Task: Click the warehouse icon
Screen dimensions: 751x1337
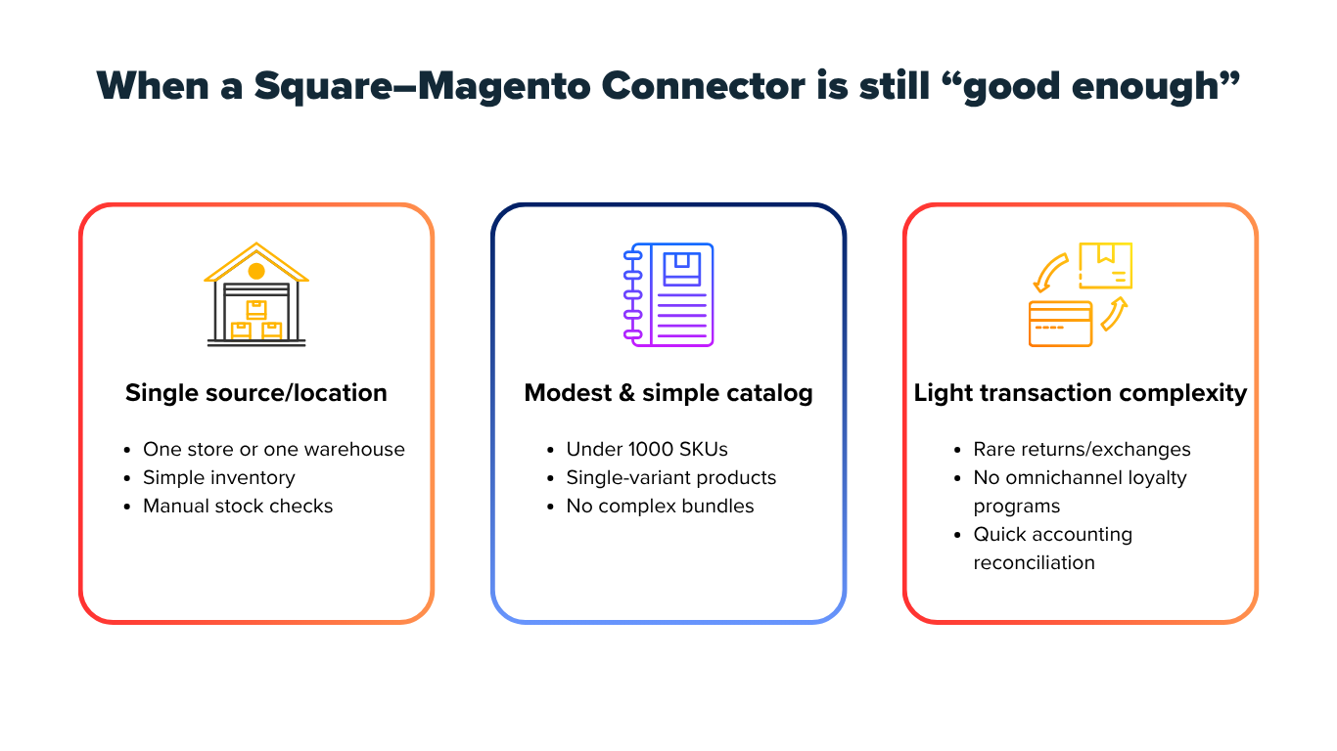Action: coord(256,294)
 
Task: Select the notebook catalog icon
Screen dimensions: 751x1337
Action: coord(668,294)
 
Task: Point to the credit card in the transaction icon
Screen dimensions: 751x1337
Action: coord(1060,324)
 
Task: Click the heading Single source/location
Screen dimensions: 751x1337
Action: coord(256,393)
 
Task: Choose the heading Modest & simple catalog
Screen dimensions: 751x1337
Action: coord(668,393)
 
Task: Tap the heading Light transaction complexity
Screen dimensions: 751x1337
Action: coord(1081,393)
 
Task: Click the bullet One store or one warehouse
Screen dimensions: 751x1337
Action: coord(274,450)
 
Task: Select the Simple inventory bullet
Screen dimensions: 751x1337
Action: coord(219,478)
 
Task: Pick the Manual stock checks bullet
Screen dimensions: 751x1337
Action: coord(238,507)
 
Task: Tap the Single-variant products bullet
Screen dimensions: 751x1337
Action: coord(671,478)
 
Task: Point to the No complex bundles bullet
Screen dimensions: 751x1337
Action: coord(661,507)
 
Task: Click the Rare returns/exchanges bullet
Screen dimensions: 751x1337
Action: coord(1082,450)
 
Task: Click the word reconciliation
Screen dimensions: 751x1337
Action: coord(1034,563)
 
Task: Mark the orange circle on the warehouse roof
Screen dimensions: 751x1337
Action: coord(256,270)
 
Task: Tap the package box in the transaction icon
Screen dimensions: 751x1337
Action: coord(1105,265)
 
